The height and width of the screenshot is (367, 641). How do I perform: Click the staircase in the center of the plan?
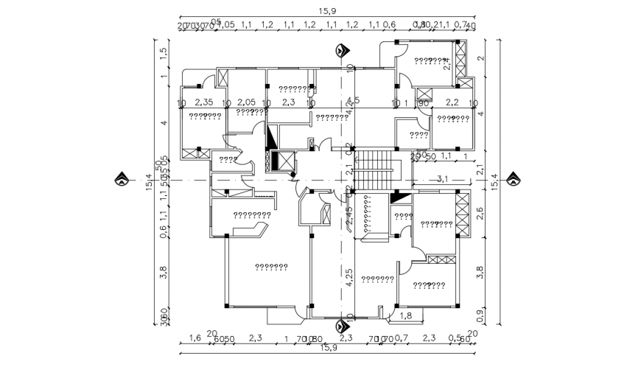pyautogui.click(x=376, y=169)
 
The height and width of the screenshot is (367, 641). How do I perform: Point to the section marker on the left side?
pyautogui.click(x=120, y=179)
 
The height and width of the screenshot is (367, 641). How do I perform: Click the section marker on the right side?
pyautogui.click(x=513, y=179)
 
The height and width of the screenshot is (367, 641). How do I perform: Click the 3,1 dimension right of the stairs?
pyautogui.click(x=443, y=178)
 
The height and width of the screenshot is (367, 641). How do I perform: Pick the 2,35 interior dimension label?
pyautogui.click(x=204, y=102)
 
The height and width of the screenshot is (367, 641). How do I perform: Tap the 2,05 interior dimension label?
pyautogui.click(x=246, y=102)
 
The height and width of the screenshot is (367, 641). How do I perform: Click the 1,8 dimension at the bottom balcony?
pyautogui.click(x=405, y=315)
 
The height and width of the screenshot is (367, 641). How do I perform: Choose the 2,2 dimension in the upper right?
pyautogui.click(x=452, y=102)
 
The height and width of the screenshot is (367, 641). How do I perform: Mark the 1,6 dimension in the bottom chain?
pyautogui.click(x=195, y=338)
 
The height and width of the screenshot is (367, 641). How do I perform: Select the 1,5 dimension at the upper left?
pyautogui.click(x=164, y=55)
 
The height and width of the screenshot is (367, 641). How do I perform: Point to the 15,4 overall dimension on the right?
pyautogui.click(x=494, y=179)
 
